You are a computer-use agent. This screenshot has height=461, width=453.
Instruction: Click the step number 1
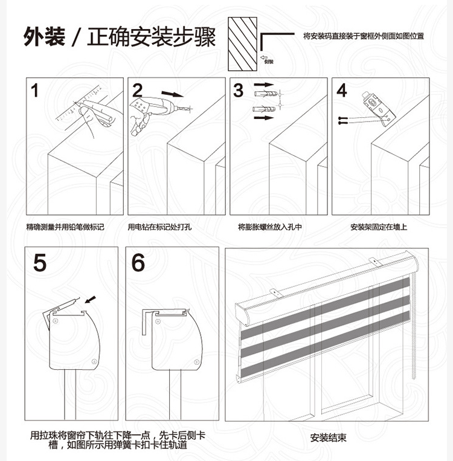[35, 91]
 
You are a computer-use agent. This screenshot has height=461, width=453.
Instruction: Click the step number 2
[138, 91]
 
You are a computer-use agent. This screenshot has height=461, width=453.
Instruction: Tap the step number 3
[239, 91]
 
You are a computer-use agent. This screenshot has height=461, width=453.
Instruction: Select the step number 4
[342, 91]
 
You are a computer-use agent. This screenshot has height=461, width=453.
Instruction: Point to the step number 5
[40, 263]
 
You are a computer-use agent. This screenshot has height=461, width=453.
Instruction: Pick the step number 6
[138, 263]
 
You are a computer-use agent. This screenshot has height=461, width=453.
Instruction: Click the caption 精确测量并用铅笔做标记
[65, 227]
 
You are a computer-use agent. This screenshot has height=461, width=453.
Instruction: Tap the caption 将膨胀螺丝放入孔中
[269, 227]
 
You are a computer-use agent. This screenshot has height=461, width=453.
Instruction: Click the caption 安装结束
[329, 437]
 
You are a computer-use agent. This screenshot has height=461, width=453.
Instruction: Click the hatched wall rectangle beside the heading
[243, 43]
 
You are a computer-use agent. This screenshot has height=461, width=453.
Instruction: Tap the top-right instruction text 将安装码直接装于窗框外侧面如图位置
[363, 36]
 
